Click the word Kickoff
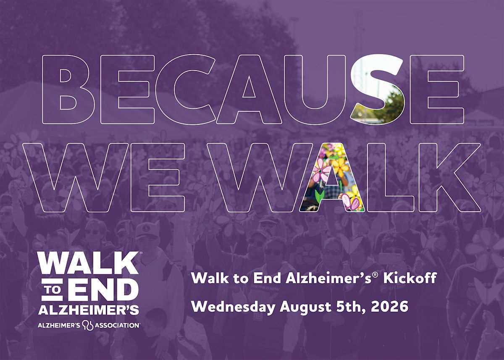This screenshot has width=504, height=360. coord(410,278)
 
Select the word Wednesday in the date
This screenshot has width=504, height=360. coord(234,307)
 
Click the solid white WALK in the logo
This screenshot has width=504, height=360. coord(89,263)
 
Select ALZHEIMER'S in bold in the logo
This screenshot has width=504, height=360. coord(89,310)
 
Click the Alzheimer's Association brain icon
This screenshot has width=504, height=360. coord(88,326)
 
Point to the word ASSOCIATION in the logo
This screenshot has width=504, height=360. coord(117,326)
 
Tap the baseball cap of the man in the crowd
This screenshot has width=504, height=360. coord(146,232)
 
